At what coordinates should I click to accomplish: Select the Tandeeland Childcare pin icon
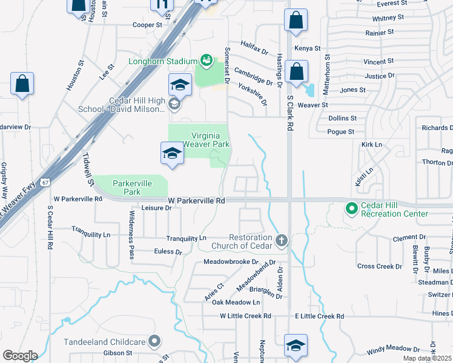coord(154,341)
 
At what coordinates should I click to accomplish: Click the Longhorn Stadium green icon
coord(207,60)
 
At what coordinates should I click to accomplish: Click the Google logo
coord(20,356)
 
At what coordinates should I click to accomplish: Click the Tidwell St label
coord(88,169)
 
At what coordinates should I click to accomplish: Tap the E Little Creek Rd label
coord(319,316)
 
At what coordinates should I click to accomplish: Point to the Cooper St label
coord(148,25)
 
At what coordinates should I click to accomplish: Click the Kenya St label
coord(307,48)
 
